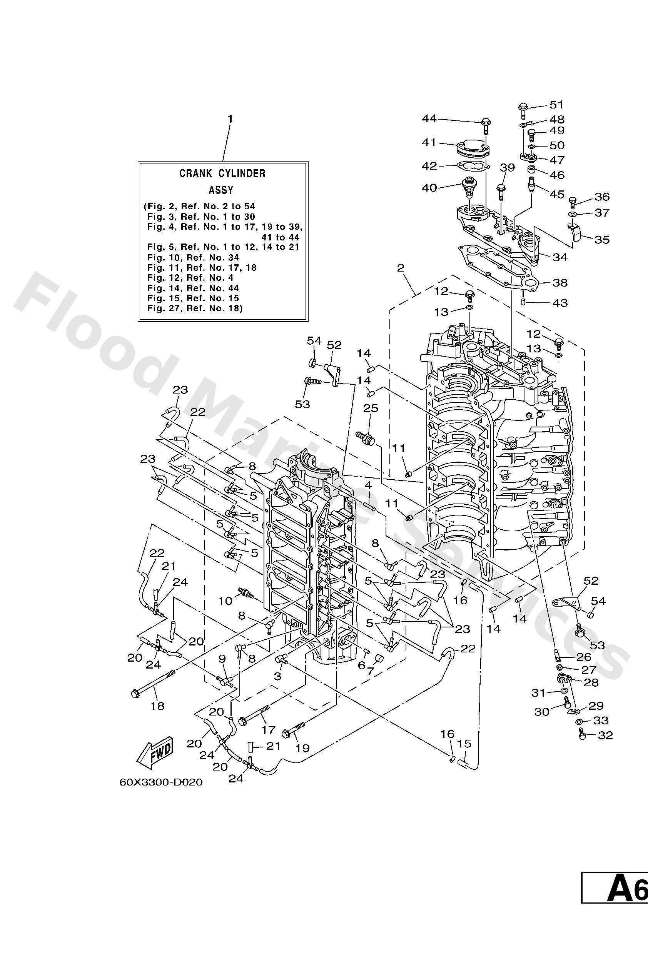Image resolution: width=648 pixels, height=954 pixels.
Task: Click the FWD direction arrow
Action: (x=155, y=753)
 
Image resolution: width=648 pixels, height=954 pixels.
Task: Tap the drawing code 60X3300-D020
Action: (x=161, y=782)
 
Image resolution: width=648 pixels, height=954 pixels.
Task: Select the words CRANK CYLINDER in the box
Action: (x=222, y=173)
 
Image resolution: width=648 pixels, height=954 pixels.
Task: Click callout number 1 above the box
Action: (x=230, y=119)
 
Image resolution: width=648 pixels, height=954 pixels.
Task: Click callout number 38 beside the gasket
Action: (x=560, y=282)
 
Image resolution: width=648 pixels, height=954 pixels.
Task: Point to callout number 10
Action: (x=225, y=601)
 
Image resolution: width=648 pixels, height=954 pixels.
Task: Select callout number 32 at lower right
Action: (x=605, y=735)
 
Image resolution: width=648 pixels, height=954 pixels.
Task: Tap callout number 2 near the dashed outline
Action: (x=400, y=268)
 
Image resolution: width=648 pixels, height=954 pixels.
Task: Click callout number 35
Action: (x=601, y=240)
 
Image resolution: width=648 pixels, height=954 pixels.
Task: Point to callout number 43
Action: (x=560, y=303)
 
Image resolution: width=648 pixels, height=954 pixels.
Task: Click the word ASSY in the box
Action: (x=221, y=190)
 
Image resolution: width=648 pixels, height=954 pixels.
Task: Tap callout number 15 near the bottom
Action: (x=464, y=744)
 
